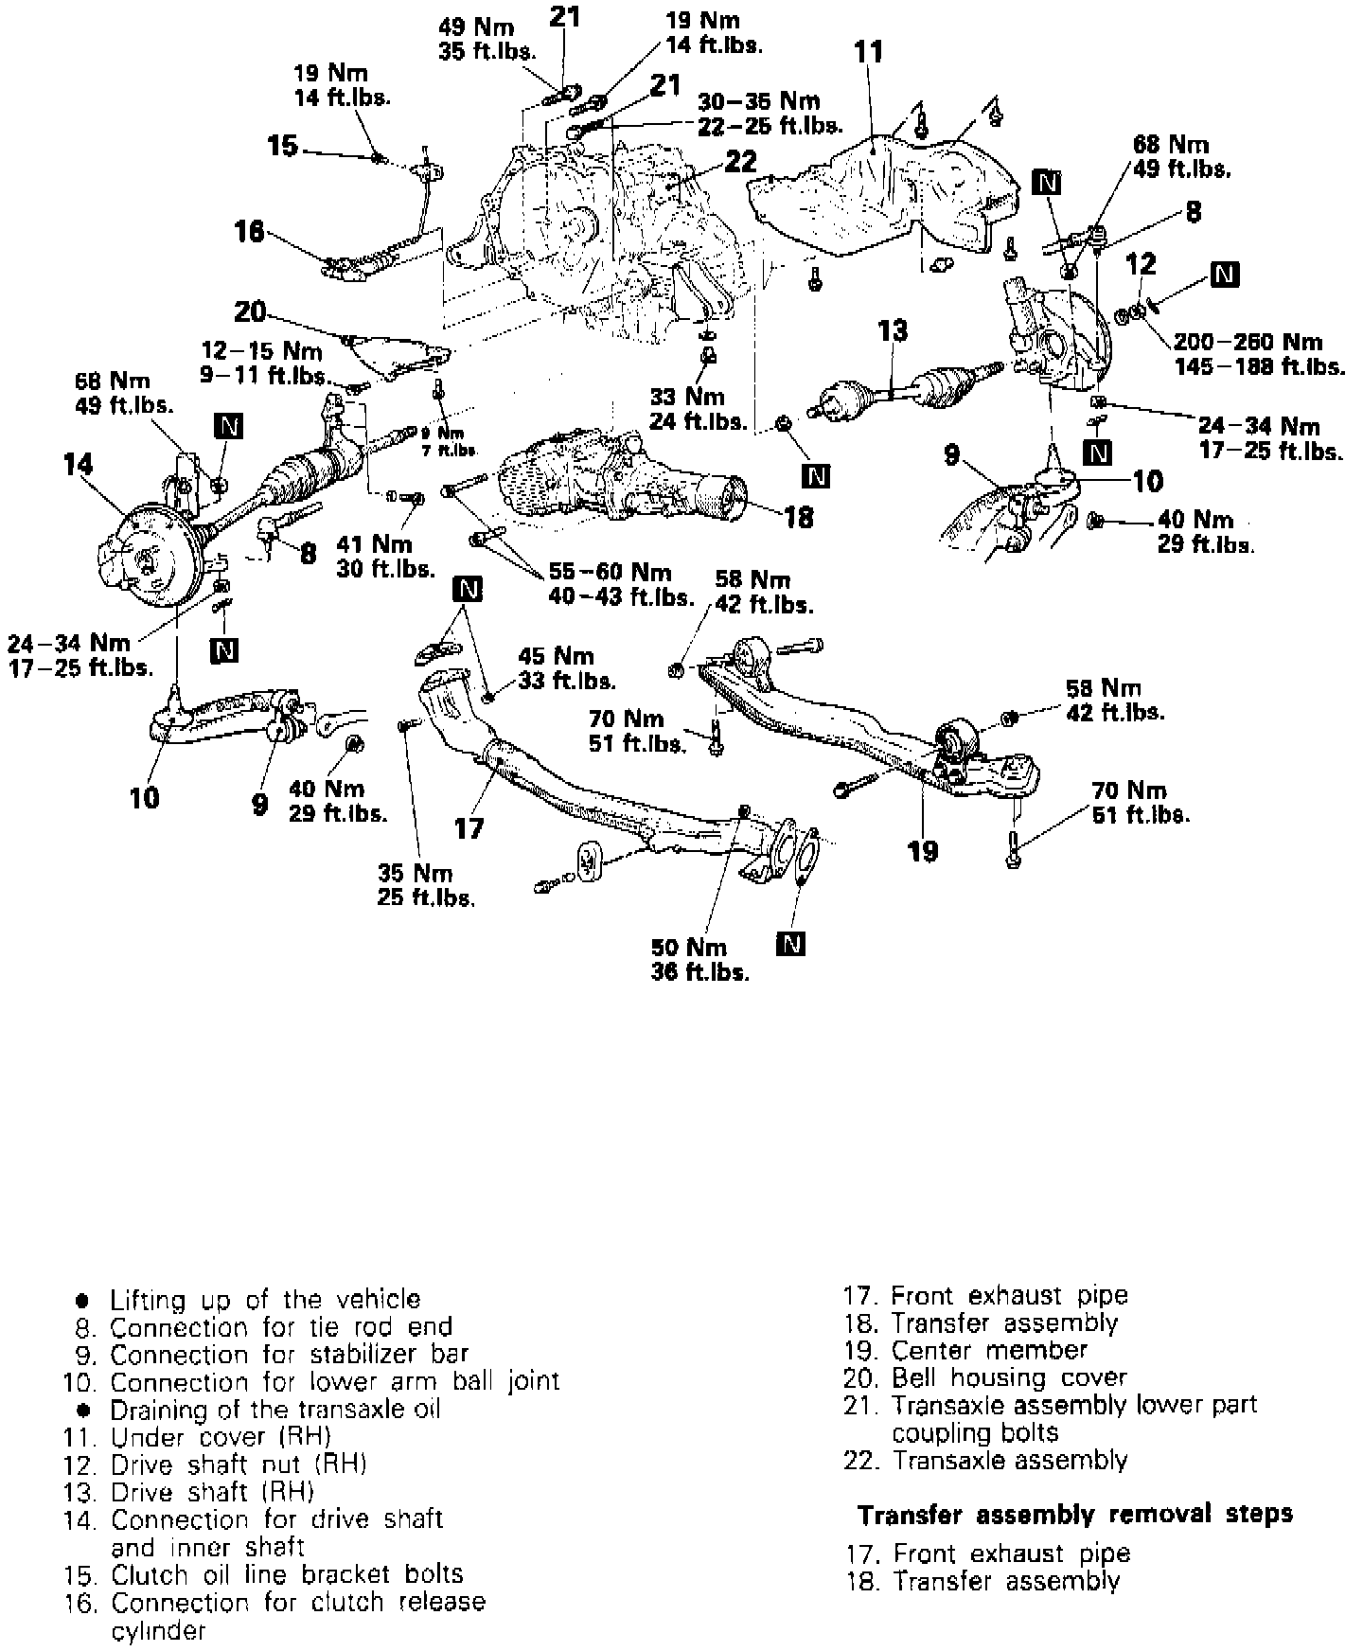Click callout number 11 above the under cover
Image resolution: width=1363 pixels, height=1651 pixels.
point(867,52)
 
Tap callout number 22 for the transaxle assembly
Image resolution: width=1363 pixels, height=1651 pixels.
point(742,162)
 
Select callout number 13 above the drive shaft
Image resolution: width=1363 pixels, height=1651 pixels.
point(892,330)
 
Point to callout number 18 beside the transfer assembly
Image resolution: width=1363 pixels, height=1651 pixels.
point(799,517)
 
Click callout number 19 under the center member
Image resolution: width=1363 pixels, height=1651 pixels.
point(922,850)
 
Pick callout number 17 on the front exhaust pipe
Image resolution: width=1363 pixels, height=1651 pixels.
point(469,829)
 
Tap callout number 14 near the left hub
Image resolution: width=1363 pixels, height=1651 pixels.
point(80,465)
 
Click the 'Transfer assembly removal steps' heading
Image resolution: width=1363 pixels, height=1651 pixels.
point(1075,1515)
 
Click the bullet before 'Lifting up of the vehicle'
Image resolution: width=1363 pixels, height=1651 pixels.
point(82,1300)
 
